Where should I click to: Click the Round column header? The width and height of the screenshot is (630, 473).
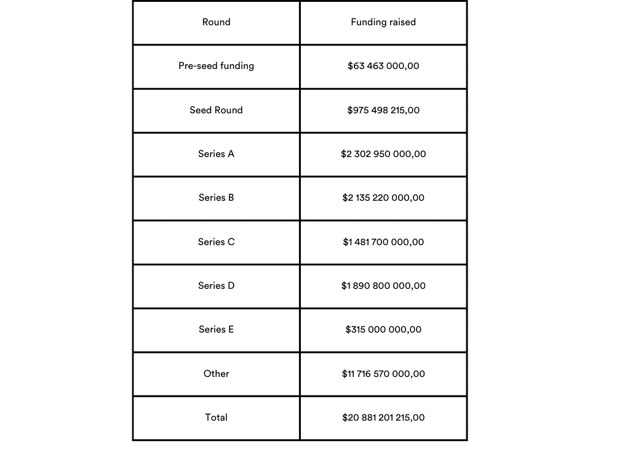pyautogui.click(x=216, y=22)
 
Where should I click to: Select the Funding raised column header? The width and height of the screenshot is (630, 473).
pyautogui.click(x=383, y=22)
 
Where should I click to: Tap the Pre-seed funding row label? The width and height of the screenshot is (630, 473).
pyautogui.click(x=216, y=66)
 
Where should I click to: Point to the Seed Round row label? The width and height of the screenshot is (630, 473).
pyautogui.click(x=216, y=110)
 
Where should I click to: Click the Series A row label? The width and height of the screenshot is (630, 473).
pyautogui.click(x=216, y=154)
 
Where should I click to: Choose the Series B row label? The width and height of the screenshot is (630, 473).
pyautogui.click(x=216, y=198)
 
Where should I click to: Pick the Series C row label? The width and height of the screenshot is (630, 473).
pyautogui.click(x=216, y=242)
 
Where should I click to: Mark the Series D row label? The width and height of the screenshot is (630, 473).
pyautogui.click(x=216, y=286)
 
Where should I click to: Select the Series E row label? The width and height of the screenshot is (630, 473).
pyautogui.click(x=216, y=329)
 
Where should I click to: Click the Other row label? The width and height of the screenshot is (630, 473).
pyautogui.click(x=216, y=374)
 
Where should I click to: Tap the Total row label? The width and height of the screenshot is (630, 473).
pyautogui.click(x=216, y=418)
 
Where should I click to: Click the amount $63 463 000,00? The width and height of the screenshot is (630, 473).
pyautogui.click(x=383, y=66)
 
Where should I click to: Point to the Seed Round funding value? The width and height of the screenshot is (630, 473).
pyautogui.click(x=383, y=110)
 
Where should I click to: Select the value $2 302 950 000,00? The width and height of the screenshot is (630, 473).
pyautogui.click(x=383, y=154)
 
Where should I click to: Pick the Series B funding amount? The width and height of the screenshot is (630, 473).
pyautogui.click(x=383, y=198)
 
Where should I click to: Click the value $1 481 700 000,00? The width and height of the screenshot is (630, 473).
pyautogui.click(x=383, y=242)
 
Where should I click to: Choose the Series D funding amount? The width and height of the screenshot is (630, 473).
pyautogui.click(x=383, y=286)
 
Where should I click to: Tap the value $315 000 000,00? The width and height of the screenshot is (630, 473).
pyautogui.click(x=383, y=329)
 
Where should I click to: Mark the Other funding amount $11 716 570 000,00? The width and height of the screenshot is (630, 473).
pyautogui.click(x=383, y=374)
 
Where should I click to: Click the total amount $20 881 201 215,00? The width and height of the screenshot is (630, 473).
pyautogui.click(x=383, y=418)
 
